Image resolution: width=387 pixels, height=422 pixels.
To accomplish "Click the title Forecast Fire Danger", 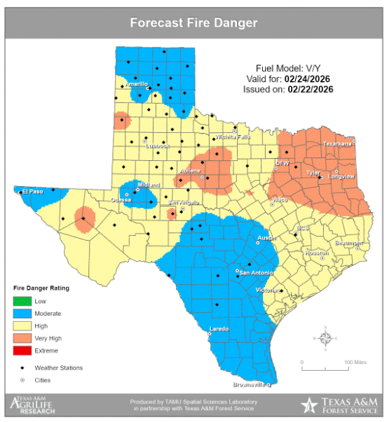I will [193, 23].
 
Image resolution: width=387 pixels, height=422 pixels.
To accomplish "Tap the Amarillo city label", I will [136, 83].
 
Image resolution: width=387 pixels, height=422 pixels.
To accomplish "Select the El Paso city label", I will [33, 191].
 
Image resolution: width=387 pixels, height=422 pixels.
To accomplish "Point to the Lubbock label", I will [158, 146].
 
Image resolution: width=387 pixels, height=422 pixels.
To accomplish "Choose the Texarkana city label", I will [337, 143].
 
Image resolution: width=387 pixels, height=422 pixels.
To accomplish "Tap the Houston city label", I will [317, 253].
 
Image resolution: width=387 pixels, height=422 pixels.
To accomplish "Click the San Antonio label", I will [255, 272].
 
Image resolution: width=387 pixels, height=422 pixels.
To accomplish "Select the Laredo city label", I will [220, 329].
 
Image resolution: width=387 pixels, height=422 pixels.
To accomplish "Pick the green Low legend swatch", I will [22, 301].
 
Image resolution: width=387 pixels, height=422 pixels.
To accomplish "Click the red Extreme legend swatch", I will [22, 351].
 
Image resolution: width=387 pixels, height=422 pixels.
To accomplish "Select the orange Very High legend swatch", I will [22, 338].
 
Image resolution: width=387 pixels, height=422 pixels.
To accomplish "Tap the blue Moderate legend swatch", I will [22, 314].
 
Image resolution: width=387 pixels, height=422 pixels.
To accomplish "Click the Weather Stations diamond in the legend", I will [22, 367].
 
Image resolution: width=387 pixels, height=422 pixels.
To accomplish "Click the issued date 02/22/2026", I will [310, 90].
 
